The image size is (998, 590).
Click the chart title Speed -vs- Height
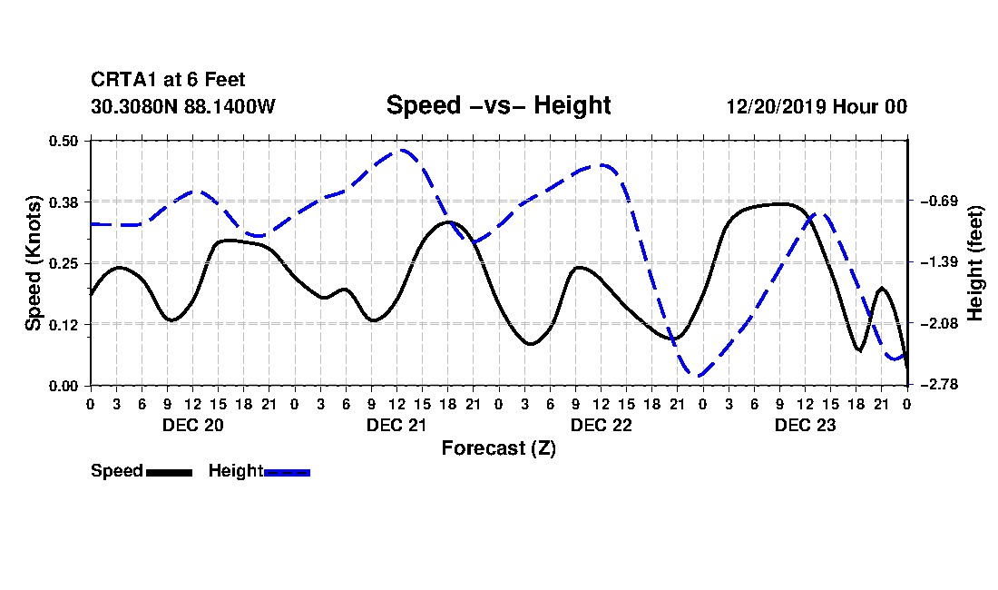498,105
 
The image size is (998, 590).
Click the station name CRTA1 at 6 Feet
168,80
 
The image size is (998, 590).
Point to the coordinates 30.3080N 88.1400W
183,106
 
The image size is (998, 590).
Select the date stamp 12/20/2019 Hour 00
817,106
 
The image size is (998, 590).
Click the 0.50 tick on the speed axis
64,141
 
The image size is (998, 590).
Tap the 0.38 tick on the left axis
64,202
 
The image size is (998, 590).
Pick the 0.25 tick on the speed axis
64,263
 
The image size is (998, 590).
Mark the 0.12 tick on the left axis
64,325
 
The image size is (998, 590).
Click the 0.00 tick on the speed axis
64,386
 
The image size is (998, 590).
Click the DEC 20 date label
193,425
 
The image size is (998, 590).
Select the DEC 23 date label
805,425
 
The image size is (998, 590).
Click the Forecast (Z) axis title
498,448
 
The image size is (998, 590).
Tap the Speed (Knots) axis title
33,263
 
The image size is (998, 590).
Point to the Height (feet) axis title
975,263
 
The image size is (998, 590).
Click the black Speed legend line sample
170,472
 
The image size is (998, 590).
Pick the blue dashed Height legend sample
287,472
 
